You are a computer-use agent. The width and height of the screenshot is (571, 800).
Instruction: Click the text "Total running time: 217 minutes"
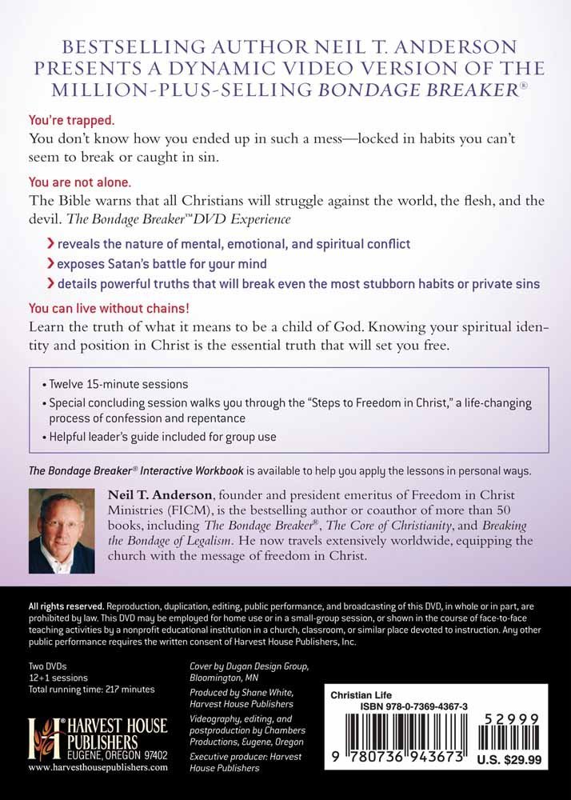(91, 689)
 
